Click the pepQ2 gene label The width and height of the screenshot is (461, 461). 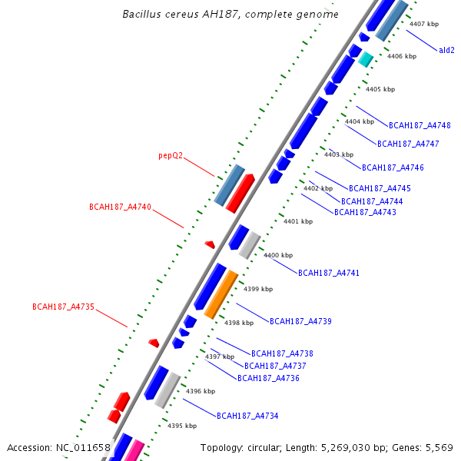click(171, 155)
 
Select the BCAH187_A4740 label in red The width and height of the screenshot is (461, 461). click(120, 207)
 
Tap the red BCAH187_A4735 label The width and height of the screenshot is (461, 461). click(63, 307)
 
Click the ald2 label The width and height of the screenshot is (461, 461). click(446, 50)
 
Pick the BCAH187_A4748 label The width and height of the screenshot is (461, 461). click(420, 125)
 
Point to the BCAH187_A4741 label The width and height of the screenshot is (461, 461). click(328, 274)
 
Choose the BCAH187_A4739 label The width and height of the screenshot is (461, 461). click(300, 321)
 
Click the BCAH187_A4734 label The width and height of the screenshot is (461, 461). click(247, 416)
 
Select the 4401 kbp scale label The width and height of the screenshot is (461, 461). click(298, 221)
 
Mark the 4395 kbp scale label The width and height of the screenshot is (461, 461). click(182, 426)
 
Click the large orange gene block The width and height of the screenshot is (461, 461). click(221, 295)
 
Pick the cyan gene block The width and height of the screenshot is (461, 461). click(366, 59)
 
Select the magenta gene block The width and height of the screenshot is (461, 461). click(134, 450)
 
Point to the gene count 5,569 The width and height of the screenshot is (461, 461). click(439, 447)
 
